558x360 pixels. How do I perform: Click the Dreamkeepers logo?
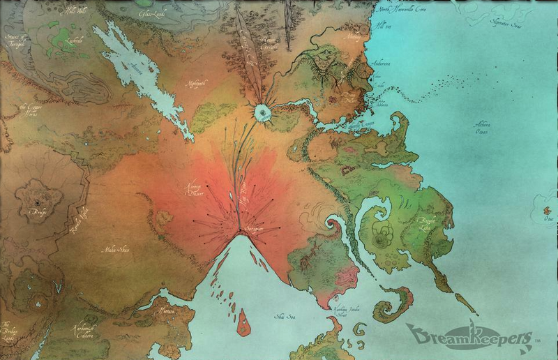(x=469, y=336)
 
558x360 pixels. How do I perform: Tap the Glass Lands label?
(x=152, y=13)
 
